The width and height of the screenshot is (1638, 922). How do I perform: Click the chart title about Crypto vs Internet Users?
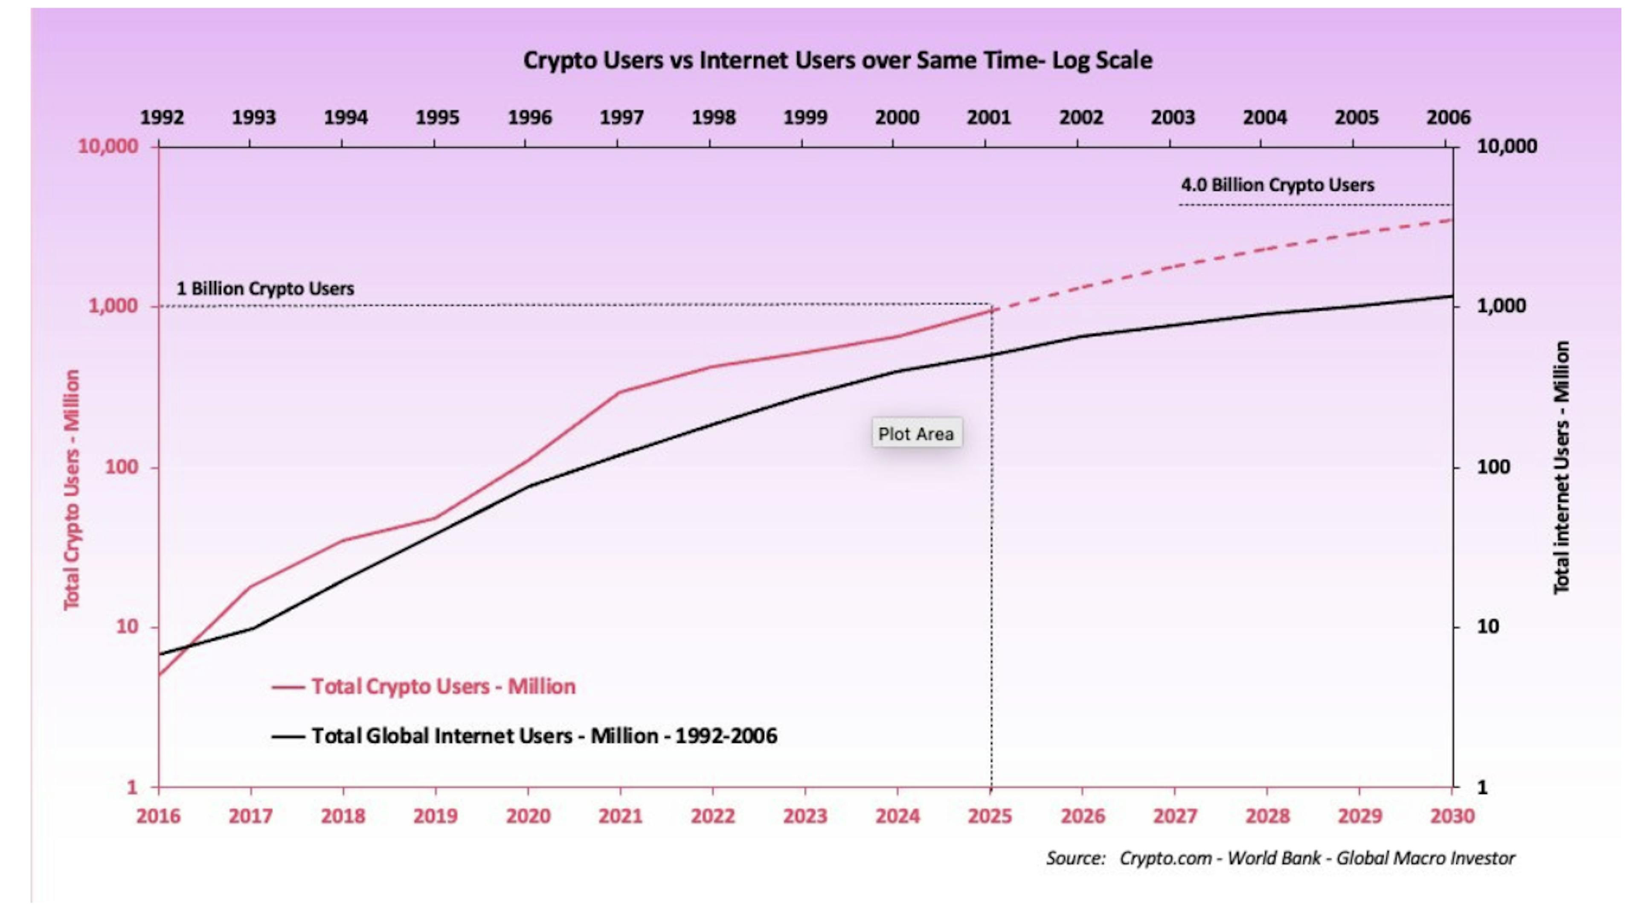coord(837,61)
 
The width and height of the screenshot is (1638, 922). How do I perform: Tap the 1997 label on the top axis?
coord(621,118)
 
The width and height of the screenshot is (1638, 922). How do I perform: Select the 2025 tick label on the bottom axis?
coord(990,816)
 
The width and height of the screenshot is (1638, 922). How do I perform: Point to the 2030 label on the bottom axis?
coord(1452,816)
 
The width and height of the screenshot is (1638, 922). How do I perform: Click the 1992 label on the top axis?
coord(162,118)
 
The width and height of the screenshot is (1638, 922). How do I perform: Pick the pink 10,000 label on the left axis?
coord(107,146)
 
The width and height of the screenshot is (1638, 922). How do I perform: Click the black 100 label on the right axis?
coord(1493,467)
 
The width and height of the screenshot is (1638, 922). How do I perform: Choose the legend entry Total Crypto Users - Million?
coord(443,687)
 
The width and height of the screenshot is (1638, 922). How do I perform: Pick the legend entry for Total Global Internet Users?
coord(544,736)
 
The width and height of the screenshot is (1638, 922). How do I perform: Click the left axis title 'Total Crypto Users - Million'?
coord(72,490)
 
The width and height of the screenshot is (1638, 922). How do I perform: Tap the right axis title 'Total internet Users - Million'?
coord(1562,467)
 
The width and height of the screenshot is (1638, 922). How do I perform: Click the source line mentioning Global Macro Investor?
coord(1280,858)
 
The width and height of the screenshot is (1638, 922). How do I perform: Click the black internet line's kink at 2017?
coord(252,629)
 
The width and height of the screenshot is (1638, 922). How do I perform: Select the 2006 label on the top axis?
coord(1448,118)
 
